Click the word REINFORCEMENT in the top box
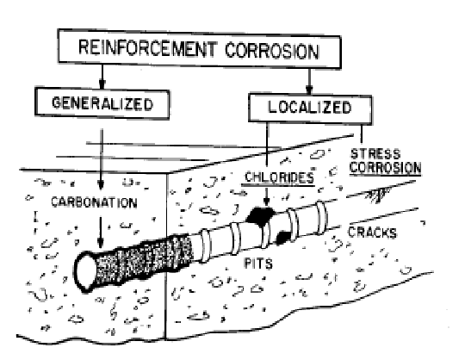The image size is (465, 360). [147, 48]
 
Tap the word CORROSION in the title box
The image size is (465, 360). [272, 51]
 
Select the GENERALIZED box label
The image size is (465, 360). [102, 103]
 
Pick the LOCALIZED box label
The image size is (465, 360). [310, 108]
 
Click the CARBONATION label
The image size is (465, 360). [94, 202]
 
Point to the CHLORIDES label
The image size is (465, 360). [279, 177]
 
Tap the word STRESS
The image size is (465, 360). [375, 154]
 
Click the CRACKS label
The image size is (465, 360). [372, 233]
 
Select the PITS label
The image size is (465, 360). [258, 263]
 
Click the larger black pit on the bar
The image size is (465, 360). [260, 216]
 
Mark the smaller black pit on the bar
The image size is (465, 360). [283, 238]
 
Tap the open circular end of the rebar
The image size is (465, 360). [86, 272]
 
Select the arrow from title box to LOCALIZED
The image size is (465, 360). [309, 81]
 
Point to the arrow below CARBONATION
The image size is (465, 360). [101, 233]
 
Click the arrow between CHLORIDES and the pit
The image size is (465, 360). [267, 196]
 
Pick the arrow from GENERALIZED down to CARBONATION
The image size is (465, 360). [101, 159]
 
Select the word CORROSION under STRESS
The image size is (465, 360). [385, 167]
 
